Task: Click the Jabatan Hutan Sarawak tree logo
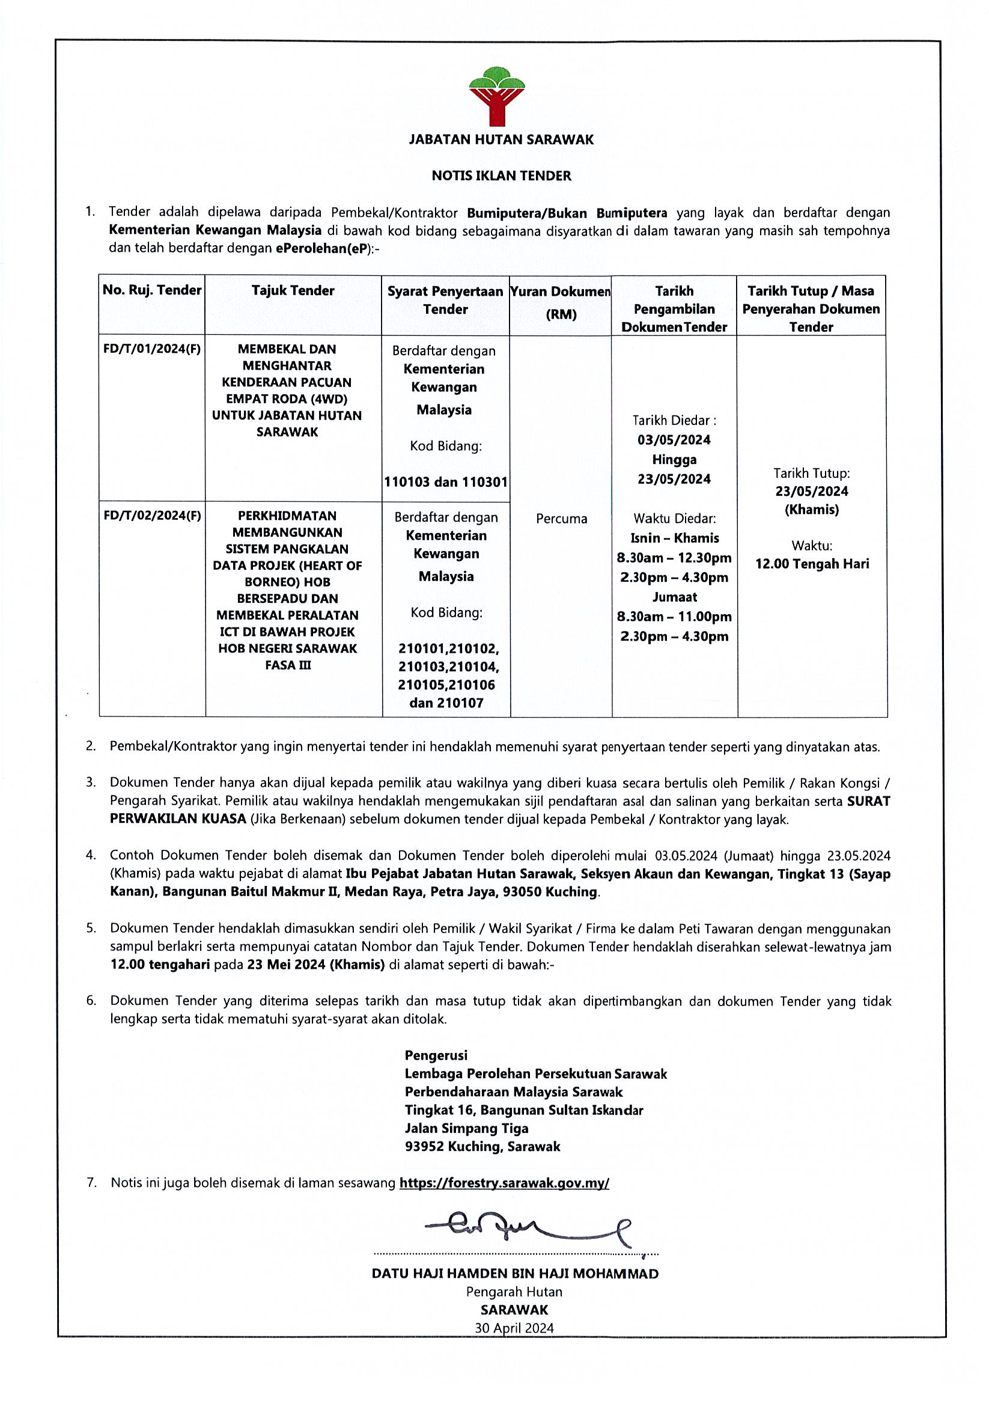tap(497, 95)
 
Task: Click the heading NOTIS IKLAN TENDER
tap(501, 176)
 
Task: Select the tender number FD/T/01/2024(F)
tap(152, 349)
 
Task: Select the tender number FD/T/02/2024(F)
tap(152, 516)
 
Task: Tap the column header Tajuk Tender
tap(293, 290)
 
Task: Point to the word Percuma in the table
tap(561, 519)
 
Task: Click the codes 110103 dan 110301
tap(445, 482)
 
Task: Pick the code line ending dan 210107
tap(446, 703)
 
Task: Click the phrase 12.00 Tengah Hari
tap(812, 564)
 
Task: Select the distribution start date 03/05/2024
tap(674, 440)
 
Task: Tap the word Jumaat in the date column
tap(674, 597)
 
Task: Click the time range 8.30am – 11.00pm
tap(674, 616)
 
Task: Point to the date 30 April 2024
tap(514, 1328)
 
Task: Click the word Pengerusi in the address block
tap(436, 1055)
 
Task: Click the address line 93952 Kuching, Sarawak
tap(482, 1147)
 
